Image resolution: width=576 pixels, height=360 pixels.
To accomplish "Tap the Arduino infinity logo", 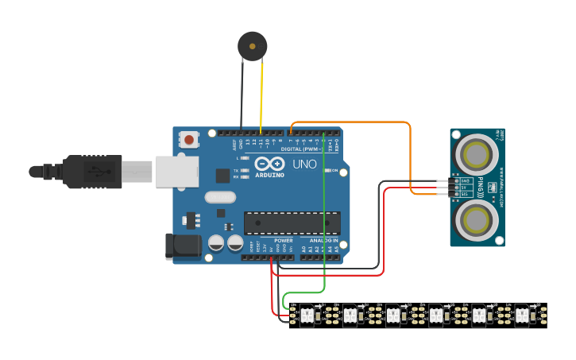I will click(x=269, y=161).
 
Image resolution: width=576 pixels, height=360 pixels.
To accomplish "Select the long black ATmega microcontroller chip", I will click(x=292, y=223).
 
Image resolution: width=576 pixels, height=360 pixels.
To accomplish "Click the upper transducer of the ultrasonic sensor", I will click(x=477, y=151).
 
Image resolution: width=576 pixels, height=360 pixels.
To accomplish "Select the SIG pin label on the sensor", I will click(x=465, y=194).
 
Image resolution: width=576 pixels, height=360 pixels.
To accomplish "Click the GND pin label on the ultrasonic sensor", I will click(x=465, y=180).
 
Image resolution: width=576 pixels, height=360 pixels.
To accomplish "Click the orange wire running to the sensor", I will click(x=411, y=159).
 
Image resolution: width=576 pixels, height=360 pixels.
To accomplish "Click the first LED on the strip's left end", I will click(x=306, y=315).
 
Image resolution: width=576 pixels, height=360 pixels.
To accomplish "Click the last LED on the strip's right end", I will click(x=522, y=315).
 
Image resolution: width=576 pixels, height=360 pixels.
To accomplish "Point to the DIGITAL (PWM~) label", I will click(x=302, y=149).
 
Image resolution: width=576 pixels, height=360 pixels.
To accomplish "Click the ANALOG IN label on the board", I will click(x=323, y=240).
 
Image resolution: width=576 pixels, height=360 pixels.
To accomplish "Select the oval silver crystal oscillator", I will click(x=220, y=197).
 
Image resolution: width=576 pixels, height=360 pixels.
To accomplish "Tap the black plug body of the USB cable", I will click(x=95, y=171).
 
